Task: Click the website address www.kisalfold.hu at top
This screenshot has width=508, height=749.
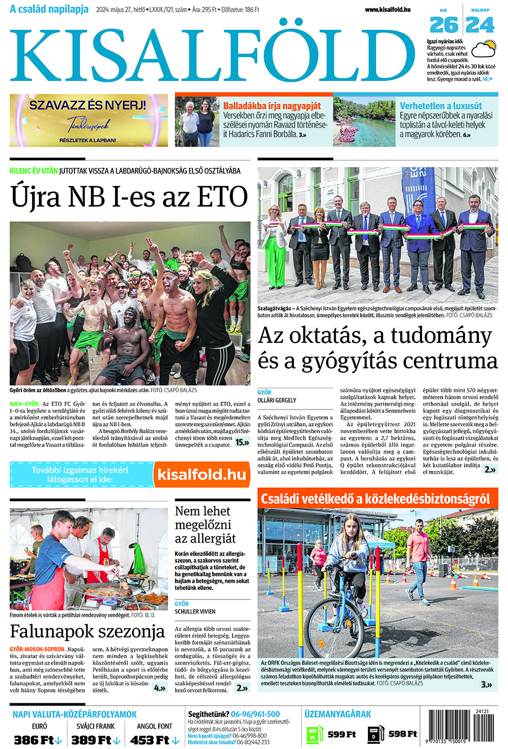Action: [x=388, y=10]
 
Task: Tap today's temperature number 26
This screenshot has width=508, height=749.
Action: [x=444, y=25]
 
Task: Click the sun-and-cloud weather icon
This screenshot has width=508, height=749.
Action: [x=483, y=50]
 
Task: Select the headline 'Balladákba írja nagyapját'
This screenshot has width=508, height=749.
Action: [x=271, y=105]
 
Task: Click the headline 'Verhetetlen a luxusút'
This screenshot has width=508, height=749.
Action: [x=441, y=105]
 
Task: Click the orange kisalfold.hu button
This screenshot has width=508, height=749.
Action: [x=202, y=474]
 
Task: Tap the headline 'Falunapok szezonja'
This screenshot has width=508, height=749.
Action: [x=87, y=631]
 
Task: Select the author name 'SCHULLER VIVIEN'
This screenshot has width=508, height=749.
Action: [x=195, y=611]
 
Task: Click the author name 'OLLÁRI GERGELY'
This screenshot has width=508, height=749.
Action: [x=277, y=400]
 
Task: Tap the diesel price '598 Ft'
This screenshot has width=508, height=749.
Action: [x=402, y=734]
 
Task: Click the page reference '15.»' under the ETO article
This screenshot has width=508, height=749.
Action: [x=242, y=443]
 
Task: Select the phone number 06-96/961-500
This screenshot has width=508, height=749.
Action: [x=256, y=714]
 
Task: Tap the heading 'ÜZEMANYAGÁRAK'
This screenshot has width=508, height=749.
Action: [x=338, y=714]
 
